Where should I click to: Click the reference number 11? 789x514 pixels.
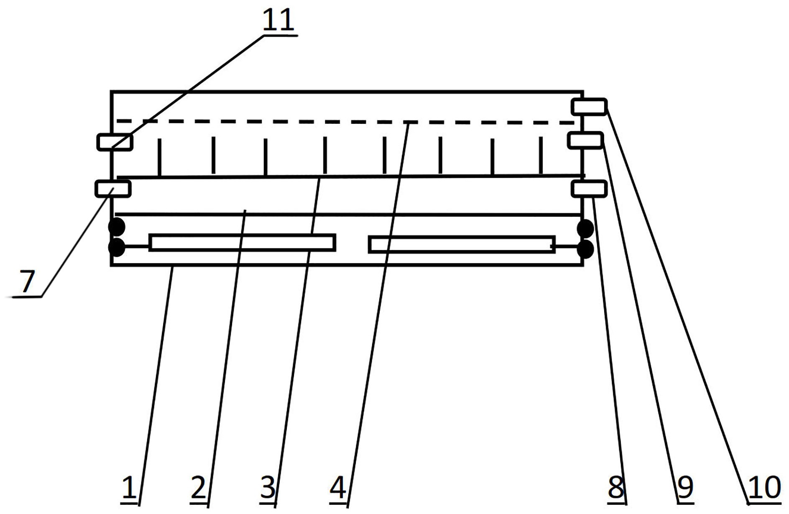click(x=278, y=20)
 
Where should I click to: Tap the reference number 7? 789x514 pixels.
click(x=27, y=281)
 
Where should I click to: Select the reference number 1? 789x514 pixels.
click(x=129, y=488)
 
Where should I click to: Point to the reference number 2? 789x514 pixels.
click(x=198, y=488)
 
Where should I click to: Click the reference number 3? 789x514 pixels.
click(x=268, y=488)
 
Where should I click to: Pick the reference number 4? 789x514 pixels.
click(x=338, y=488)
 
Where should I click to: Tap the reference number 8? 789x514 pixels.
click(x=616, y=488)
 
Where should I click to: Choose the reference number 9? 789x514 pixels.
click(x=685, y=488)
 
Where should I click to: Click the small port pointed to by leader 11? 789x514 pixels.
click(x=115, y=142)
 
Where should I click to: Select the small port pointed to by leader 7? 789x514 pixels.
click(x=113, y=189)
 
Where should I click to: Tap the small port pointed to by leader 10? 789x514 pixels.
click(x=589, y=107)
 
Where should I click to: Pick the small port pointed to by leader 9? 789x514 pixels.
click(x=585, y=140)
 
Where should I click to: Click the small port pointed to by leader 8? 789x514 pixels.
click(x=589, y=189)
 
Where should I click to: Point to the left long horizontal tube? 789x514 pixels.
click(x=242, y=243)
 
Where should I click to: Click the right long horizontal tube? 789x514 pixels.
click(x=462, y=245)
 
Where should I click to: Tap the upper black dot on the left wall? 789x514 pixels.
click(x=117, y=227)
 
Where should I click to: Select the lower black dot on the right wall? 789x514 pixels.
click(x=585, y=249)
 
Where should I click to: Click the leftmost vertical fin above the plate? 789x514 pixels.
click(x=159, y=157)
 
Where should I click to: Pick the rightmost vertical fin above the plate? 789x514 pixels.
click(x=541, y=155)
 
